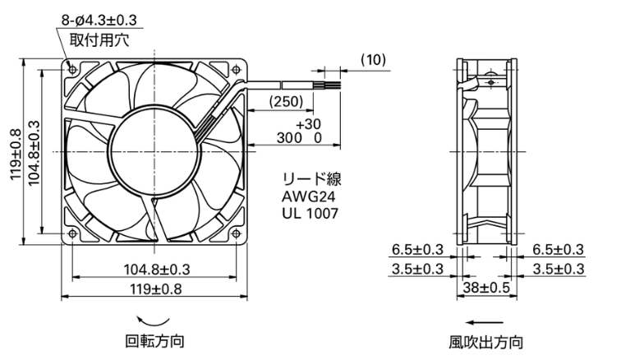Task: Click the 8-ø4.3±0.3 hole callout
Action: click(99, 20)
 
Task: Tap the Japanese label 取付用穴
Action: click(99, 40)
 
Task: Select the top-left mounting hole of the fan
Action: click(72, 70)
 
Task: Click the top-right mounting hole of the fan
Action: click(237, 70)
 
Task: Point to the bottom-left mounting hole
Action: click(72, 234)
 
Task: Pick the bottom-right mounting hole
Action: click(237, 234)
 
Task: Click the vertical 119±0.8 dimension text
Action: click(16, 155)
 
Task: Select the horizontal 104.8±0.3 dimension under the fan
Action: click(157, 270)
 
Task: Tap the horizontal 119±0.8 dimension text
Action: click(156, 289)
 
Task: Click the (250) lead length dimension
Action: click(286, 101)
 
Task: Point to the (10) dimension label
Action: click(373, 59)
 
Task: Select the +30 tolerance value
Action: click(309, 124)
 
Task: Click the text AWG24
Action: click(309, 196)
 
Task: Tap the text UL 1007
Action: click(310, 214)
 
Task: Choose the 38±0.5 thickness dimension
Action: click(486, 288)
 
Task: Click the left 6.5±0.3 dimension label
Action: click(417, 249)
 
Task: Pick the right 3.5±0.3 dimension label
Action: click(559, 269)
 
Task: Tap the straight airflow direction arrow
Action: click(485, 322)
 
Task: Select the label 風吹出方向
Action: click(486, 342)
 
